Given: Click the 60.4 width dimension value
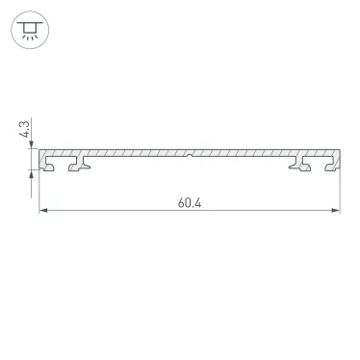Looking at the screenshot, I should (191, 203).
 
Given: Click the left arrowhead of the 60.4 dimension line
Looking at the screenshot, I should (43, 212).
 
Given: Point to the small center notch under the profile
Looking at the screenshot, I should (191, 156).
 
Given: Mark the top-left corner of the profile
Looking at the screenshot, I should (39, 149).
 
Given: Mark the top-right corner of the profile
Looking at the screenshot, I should (342, 149).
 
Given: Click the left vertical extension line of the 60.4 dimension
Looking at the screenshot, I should (39, 193).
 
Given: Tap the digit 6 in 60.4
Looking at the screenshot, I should (181, 203).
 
